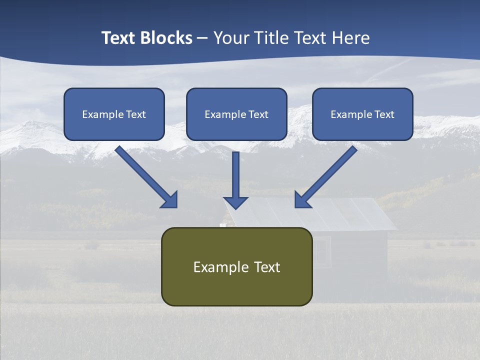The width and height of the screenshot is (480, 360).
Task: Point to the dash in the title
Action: click(202, 38)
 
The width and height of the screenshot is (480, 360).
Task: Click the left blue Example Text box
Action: click(114, 114)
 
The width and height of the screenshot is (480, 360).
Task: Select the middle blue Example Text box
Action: click(236, 114)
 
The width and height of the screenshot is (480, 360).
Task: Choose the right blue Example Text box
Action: click(362, 114)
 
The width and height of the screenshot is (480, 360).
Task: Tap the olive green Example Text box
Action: click(236, 266)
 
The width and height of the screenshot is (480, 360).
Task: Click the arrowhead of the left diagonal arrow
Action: click(170, 199)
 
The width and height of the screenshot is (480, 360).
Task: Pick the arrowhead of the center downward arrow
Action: click(235, 202)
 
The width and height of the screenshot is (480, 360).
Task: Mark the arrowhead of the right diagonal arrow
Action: click(302, 199)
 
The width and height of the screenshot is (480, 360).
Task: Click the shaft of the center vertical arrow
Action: click(235, 172)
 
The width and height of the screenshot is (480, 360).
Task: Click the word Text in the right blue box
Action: click(384, 114)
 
